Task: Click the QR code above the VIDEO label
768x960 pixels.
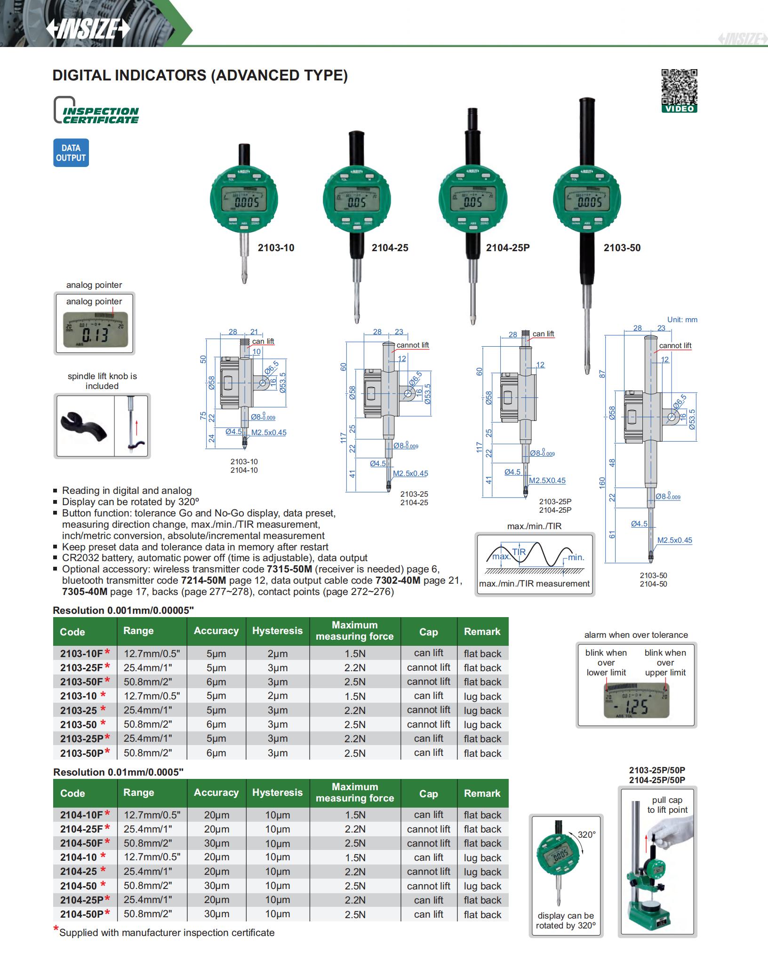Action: click(x=679, y=87)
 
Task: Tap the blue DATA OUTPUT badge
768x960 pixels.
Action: click(x=71, y=153)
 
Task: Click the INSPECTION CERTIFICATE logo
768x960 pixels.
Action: click(x=96, y=111)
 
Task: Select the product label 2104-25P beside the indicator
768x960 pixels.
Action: click(x=507, y=248)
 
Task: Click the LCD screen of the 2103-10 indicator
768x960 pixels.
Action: click(x=244, y=199)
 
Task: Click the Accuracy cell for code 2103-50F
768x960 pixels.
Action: click(x=216, y=682)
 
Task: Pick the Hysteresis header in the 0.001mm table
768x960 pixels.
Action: click(x=277, y=631)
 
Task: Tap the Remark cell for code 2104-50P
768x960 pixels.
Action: click(x=482, y=914)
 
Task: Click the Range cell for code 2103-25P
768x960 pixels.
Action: click(x=148, y=738)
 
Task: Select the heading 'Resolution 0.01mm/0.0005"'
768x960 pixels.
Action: click(x=118, y=772)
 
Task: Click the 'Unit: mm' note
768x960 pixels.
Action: click(x=682, y=320)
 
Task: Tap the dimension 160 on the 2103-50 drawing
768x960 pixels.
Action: click(x=602, y=483)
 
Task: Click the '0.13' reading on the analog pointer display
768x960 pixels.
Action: click(x=96, y=335)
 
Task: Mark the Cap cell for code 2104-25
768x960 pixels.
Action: click(x=428, y=872)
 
